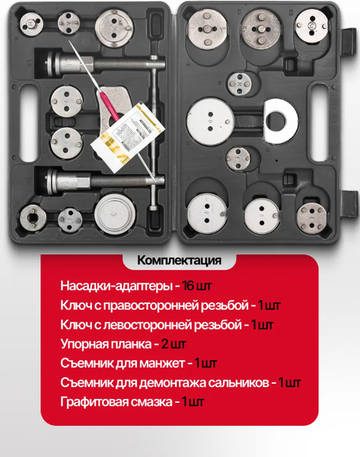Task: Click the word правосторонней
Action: (171, 305)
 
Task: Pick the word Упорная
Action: (81, 344)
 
